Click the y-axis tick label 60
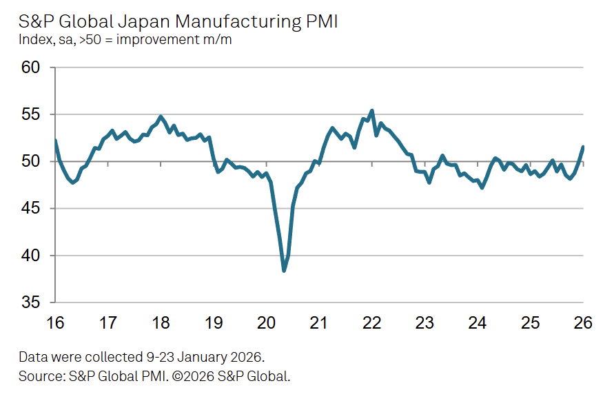pos(32,67)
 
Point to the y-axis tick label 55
pos(32,114)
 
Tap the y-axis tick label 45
pos(32,209)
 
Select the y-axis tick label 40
pos(32,256)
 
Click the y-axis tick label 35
pos(32,302)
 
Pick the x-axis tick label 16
pos(55,322)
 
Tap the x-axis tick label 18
pos(161,322)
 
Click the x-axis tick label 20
pos(266,322)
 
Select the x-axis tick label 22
pos(372,322)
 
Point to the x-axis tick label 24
pos(478,322)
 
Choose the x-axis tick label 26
pos(583,322)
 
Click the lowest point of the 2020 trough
pos(284,271)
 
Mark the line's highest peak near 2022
pos(372,110)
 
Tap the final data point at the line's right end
pos(584,147)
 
